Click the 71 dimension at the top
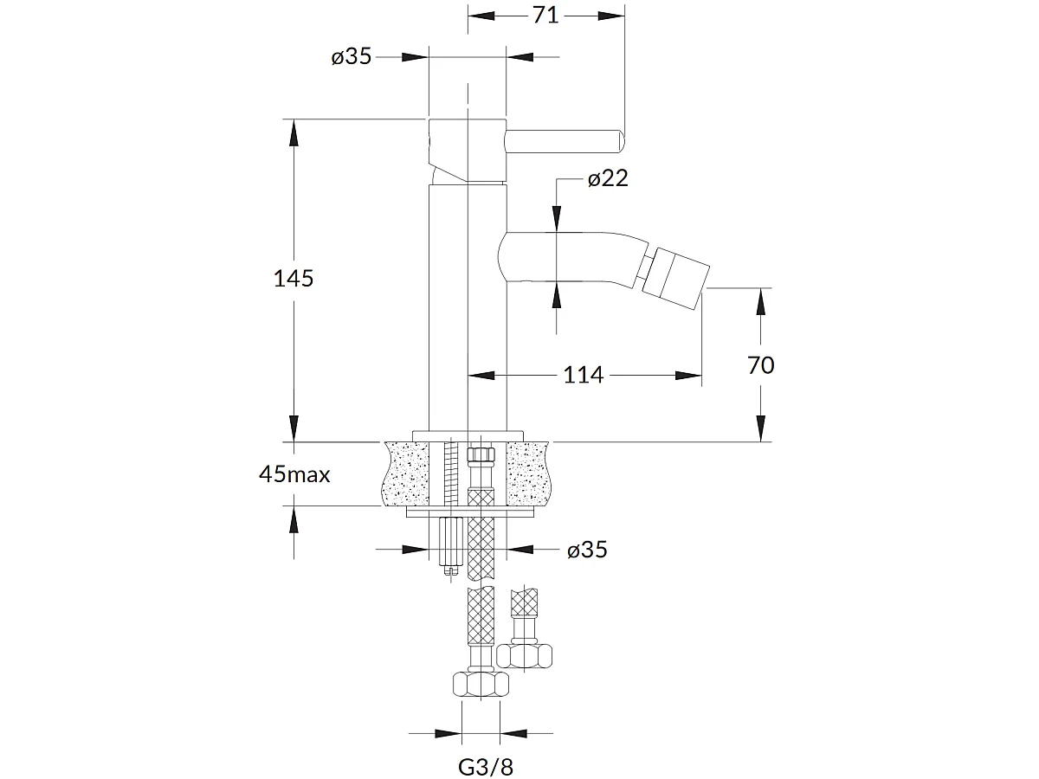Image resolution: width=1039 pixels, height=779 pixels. [545, 15]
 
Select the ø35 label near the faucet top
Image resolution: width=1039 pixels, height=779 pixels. [351, 57]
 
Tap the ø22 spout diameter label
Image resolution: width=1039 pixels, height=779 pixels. [608, 179]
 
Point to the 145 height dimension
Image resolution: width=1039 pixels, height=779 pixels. [293, 279]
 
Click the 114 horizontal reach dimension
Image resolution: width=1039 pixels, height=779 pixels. [583, 375]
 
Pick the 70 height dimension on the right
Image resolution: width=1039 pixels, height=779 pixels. [760, 365]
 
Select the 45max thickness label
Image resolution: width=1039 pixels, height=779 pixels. [294, 474]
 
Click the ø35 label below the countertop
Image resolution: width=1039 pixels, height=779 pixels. [587, 550]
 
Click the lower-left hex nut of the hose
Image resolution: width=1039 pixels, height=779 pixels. [481, 686]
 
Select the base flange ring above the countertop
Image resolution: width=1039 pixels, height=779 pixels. [468, 435]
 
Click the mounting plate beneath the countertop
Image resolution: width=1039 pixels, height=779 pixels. [468, 513]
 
